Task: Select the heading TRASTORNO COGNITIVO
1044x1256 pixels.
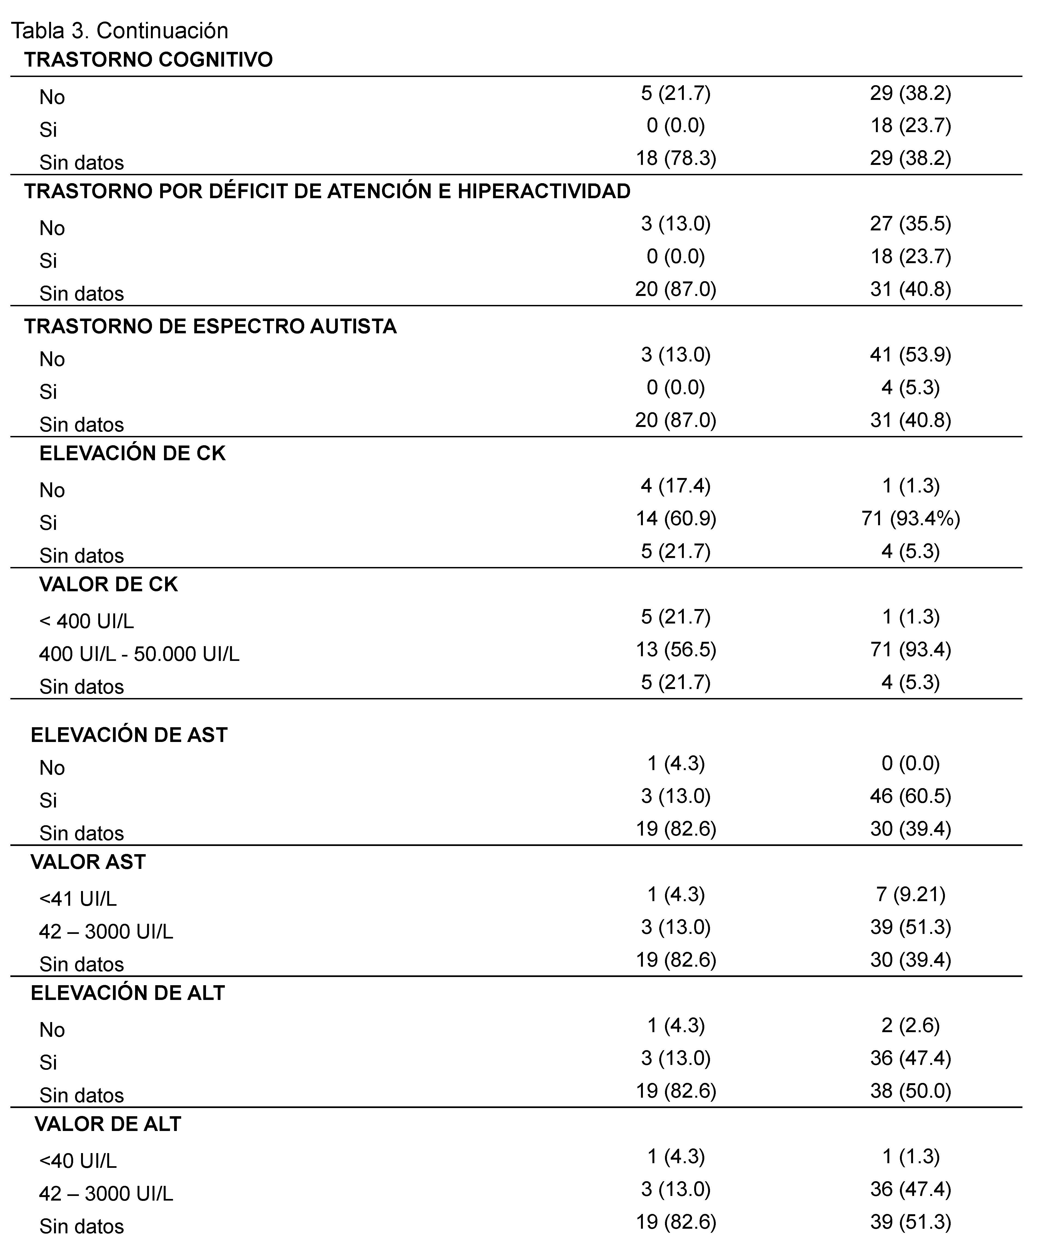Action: pos(148,60)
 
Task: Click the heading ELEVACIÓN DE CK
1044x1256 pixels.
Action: pos(132,453)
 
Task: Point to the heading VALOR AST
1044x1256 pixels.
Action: pos(88,862)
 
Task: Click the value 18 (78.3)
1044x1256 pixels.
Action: pos(676,158)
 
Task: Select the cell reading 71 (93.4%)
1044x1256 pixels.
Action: pos(911,518)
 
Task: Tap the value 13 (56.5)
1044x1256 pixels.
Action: pos(676,649)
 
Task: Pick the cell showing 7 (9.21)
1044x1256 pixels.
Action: pos(911,894)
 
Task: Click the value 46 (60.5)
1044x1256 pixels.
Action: pos(911,796)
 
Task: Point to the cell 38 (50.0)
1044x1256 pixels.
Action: pos(911,1091)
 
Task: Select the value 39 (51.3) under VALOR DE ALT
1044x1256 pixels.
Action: pos(911,1222)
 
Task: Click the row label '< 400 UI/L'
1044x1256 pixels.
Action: pos(87,621)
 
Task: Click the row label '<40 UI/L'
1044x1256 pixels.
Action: pos(78,1161)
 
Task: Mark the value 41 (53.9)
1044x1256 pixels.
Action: pos(911,355)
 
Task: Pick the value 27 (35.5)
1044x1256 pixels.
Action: pos(911,224)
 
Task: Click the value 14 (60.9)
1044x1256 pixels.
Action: pos(676,518)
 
